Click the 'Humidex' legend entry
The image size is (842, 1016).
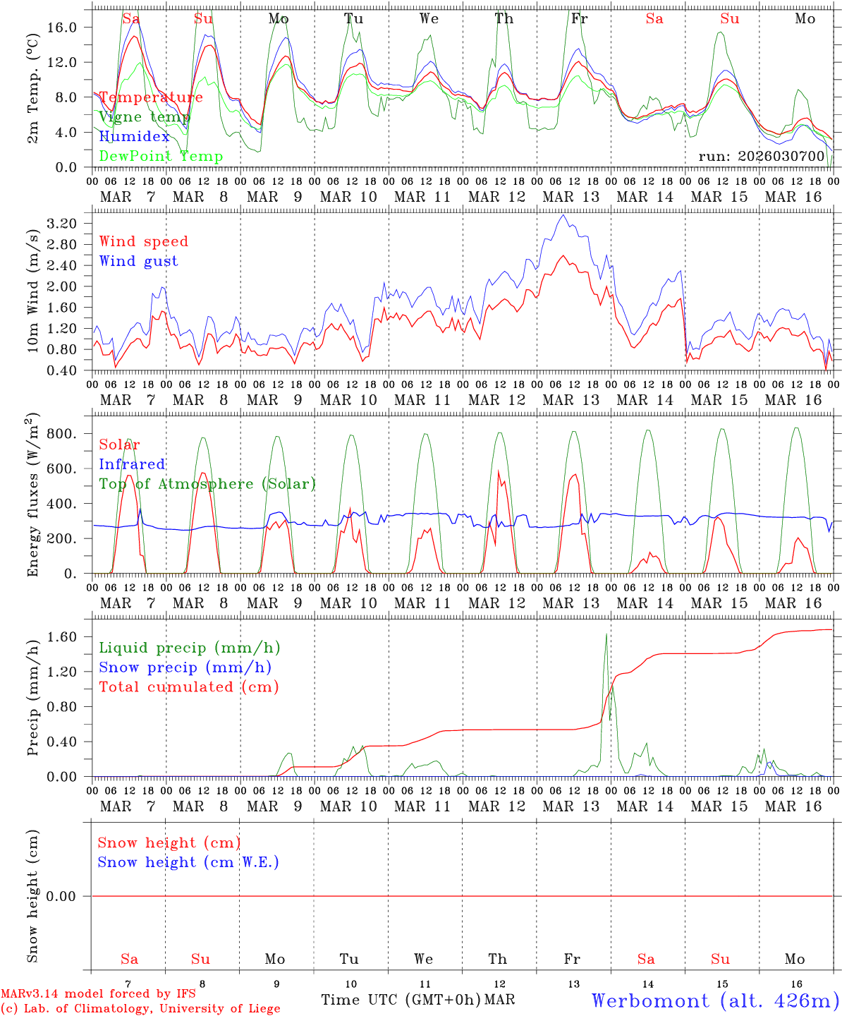click(x=134, y=137)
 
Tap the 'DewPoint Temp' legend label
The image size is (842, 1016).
click(x=161, y=157)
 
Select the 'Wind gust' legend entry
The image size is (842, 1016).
click(x=138, y=261)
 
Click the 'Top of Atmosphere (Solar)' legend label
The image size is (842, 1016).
click(x=207, y=484)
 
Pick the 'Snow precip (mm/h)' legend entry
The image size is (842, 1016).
click(x=185, y=667)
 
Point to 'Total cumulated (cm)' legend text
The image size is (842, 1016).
click(x=188, y=687)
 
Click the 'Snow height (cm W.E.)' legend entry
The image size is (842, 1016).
click(x=188, y=862)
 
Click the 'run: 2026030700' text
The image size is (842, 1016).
click(x=761, y=156)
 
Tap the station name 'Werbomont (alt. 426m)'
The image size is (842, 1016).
click(x=714, y=1000)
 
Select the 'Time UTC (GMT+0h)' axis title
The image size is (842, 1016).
click(x=401, y=1000)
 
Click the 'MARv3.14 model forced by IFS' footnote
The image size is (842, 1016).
click(x=98, y=994)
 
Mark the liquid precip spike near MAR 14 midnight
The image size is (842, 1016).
click(x=606, y=634)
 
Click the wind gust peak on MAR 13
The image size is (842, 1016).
click(x=562, y=216)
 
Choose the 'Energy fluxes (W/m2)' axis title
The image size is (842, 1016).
click(x=33, y=497)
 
